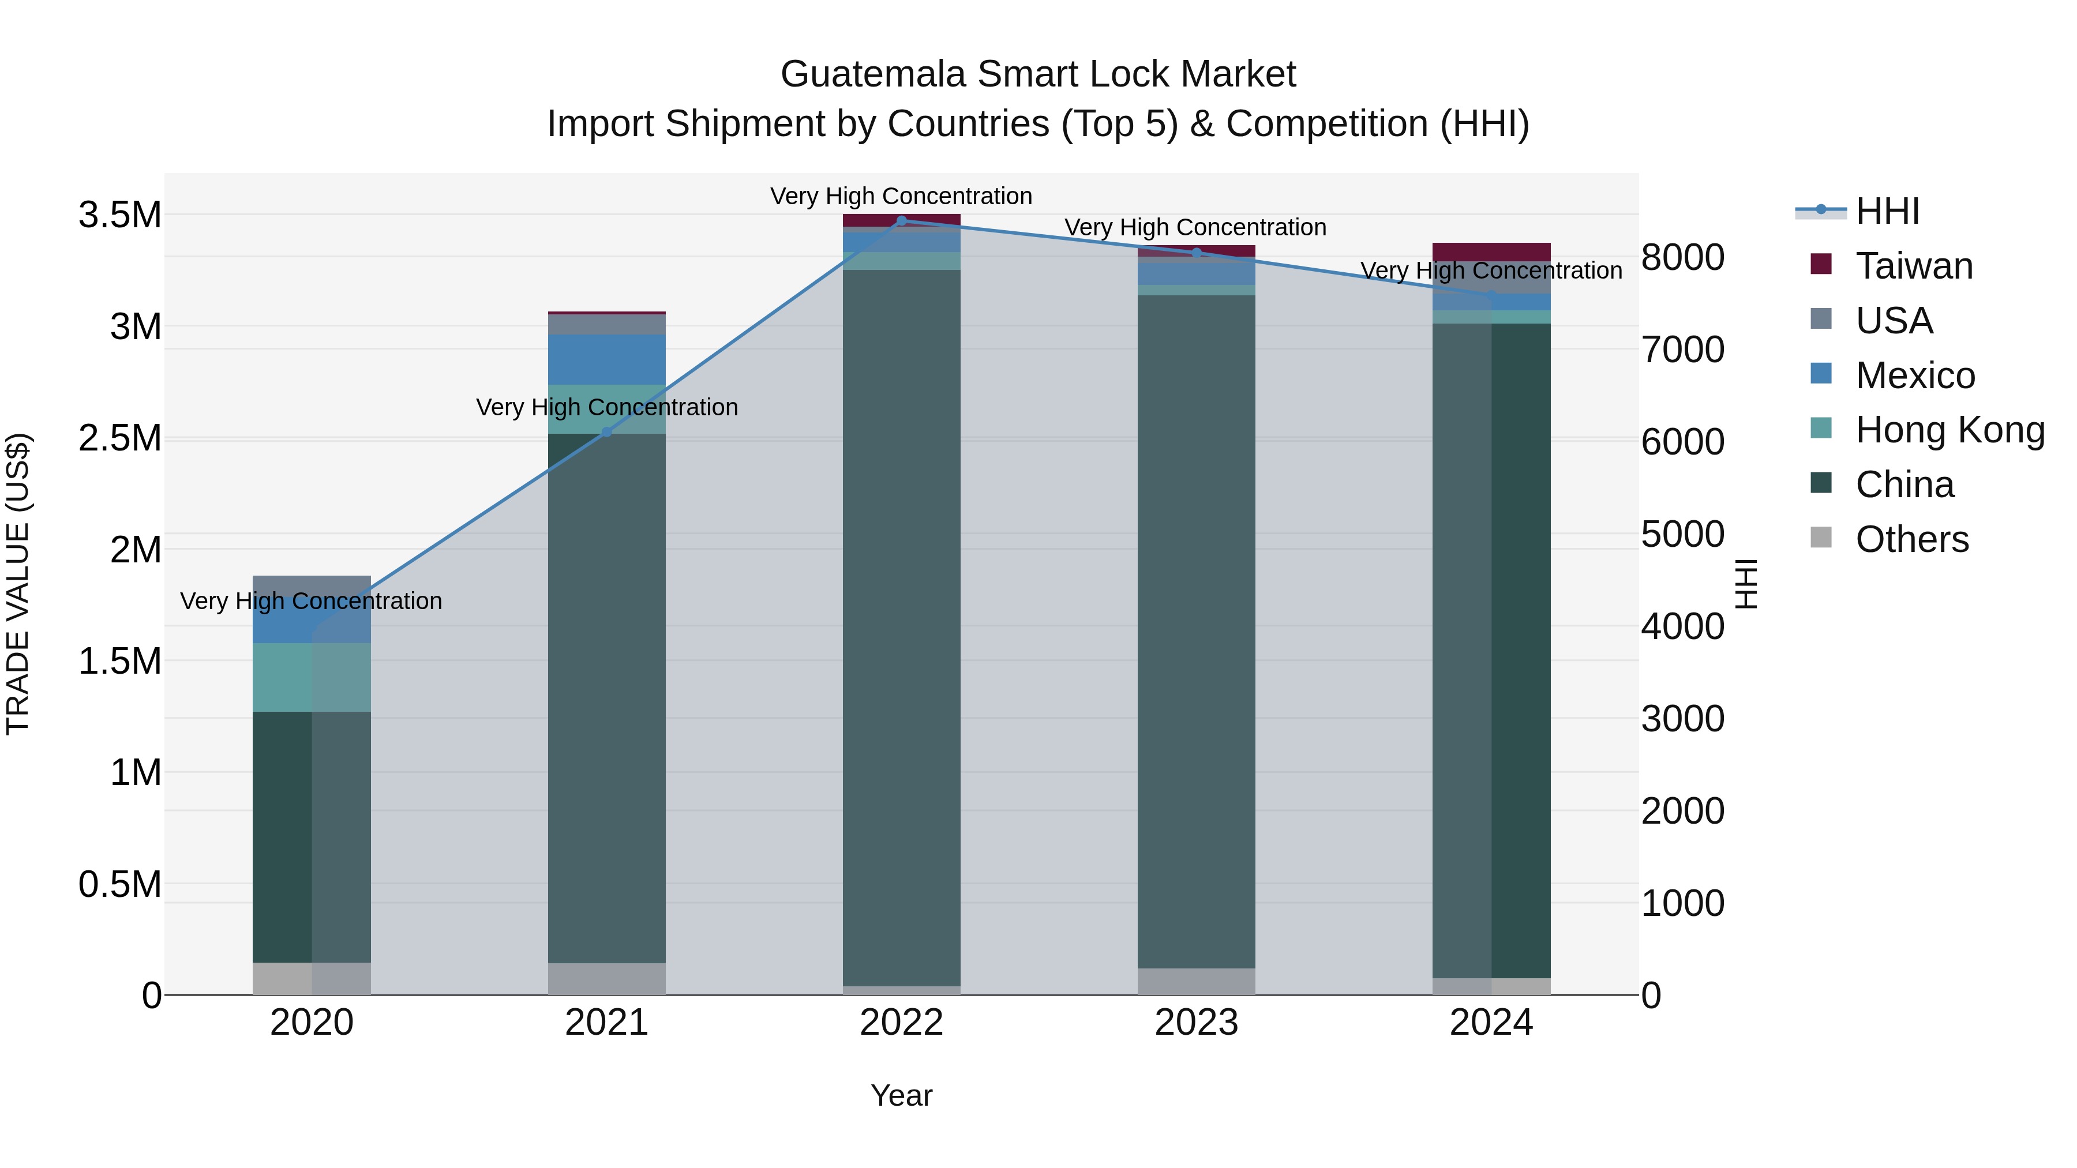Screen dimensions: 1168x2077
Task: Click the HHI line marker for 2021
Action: point(607,433)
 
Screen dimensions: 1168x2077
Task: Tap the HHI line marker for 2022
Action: point(901,221)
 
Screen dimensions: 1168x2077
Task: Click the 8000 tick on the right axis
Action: point(1683,258)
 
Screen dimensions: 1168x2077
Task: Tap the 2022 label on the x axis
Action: point(901,1023)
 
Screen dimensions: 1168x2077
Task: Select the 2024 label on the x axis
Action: point(1491,1023)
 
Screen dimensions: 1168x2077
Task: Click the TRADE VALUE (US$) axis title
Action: point(18,584)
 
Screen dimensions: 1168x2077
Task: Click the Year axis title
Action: point(901,1095)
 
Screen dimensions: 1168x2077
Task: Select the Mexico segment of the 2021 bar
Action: point(607,359)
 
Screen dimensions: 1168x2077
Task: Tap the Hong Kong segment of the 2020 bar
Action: point(312,677)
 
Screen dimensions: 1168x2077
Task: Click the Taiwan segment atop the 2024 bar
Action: point(1491,251)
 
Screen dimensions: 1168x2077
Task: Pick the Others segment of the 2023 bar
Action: point(1197,981)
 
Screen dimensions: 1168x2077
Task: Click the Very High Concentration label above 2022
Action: point(901,197)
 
